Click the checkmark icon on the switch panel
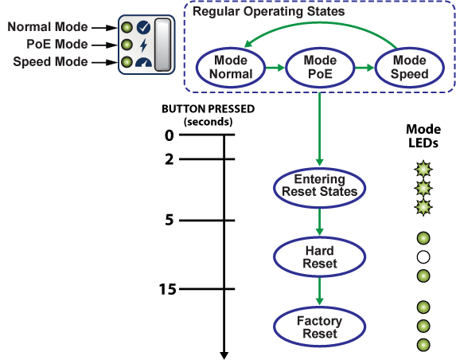tap(143, 27)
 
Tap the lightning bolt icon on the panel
tap(143, 45)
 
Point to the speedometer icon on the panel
tap(144, 63)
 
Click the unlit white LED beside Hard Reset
tap(423, 257)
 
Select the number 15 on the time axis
tap(167, 289)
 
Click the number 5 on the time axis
tap(170, 220)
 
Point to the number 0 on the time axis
tap(170, 135)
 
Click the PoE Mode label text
tap(57, 45)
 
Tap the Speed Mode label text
tap(50, 61)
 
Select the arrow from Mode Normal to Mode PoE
tap(275, 68)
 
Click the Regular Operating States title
tap(268, 12)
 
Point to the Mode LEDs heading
tap(423, 136)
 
